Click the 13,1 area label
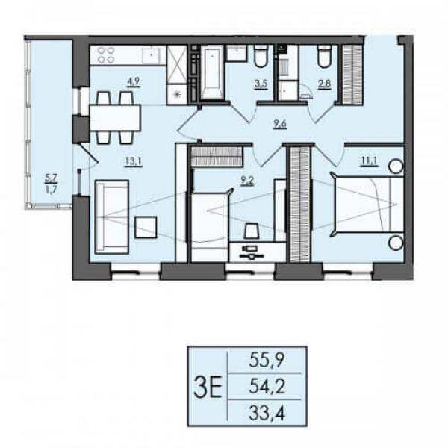(x=134, y=161)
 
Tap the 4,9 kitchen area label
(x=133, y=81)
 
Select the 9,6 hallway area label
(x=280, y=125)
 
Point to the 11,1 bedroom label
(x=369, y=161)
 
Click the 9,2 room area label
(x=247, y=181)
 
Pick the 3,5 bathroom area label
(x=261, y=84)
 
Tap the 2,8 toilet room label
(x=324, y=84)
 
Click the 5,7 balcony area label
(x=52, y=178)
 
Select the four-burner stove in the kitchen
(x=106, y=55)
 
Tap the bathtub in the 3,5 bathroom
(x=212, y=72)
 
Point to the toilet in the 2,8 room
(x=324, y=56)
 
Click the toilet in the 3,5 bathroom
(x=261, y=56)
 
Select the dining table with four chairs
(x=115, y=118)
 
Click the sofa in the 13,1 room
(x=112, y=217)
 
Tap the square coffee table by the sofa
(x=146, y=227)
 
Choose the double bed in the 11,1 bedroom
(x=367, y=205)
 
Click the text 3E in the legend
(x=208, y=387)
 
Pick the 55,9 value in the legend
(x=267, y=361)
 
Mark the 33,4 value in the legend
(x=267, y=413)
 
